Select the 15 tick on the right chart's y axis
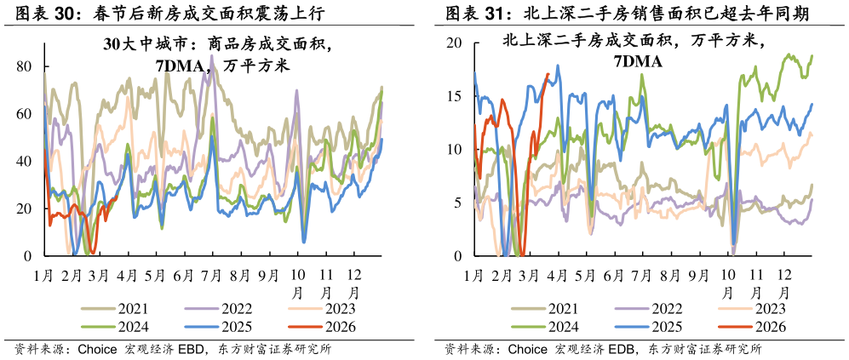[454, 96]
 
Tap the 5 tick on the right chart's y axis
[457, 203]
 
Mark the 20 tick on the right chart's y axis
[454, 43]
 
